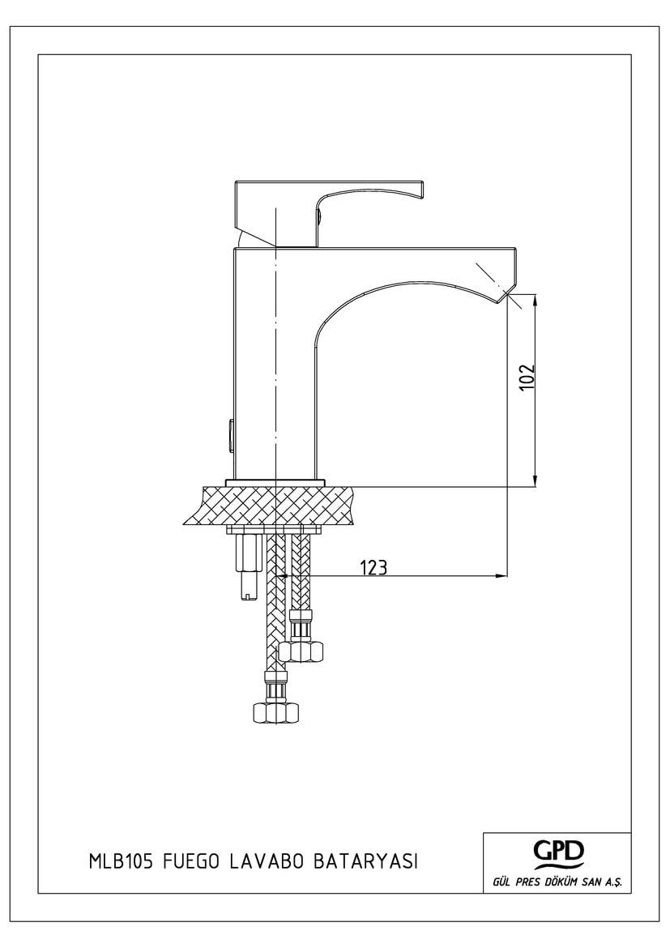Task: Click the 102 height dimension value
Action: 527,378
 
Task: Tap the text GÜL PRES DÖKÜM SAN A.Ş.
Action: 557,882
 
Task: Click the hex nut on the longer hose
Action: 275,712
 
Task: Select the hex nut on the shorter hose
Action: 301,651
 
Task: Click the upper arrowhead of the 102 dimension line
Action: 535,301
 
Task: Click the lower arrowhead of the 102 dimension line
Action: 535,480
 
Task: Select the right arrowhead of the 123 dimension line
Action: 501,575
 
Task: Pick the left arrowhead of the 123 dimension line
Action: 282,575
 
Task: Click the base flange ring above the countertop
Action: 275,482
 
